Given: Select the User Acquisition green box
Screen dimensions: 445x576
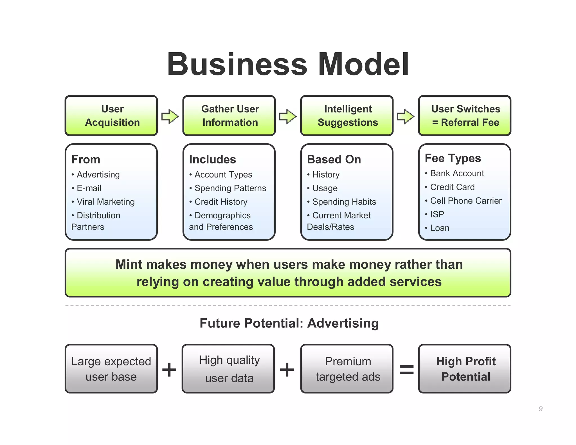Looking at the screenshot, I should click(111, 116).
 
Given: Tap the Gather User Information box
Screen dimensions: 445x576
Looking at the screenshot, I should click(229, 116).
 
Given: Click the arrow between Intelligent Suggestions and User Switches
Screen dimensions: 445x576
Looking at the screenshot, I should click(405, 116).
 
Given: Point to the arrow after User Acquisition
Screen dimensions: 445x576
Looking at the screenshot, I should click(170, 116).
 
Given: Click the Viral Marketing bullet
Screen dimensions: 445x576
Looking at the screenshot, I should click(105, 202).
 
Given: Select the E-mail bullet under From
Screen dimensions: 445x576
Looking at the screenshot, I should click(89, 188).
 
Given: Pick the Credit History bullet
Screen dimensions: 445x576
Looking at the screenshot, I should click(221, 202).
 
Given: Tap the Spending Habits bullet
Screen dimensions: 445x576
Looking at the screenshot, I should click(344, 202).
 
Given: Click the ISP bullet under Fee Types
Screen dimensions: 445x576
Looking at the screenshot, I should click(437, 214).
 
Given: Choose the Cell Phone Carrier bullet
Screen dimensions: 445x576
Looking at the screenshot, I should click(465, 201).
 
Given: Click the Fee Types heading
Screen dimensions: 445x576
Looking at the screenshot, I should click(453, 158).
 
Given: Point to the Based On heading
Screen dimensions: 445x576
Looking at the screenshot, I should click(334, 159).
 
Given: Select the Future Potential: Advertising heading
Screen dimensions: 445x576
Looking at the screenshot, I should click(289, 323).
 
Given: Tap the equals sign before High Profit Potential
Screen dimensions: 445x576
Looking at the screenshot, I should click(406, 369).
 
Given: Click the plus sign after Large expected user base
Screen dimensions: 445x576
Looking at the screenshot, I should click(169, 369).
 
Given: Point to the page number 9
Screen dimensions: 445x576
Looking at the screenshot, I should click(540, 408).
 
